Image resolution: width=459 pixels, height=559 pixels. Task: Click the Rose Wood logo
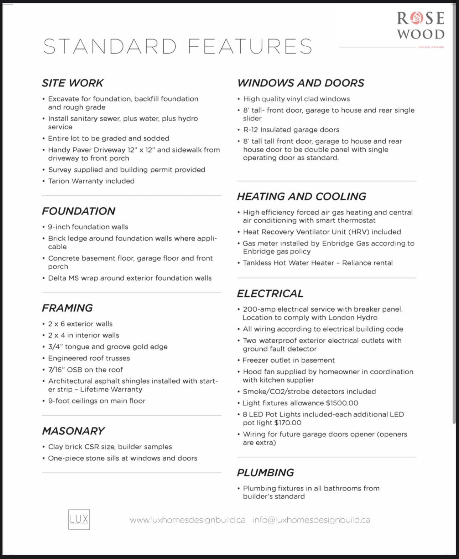421,26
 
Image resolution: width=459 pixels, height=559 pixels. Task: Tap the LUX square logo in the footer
79,519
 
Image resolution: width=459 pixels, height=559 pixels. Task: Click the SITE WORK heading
72,83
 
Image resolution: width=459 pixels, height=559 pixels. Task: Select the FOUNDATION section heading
78,211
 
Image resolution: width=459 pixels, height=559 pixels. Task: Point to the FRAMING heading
67,308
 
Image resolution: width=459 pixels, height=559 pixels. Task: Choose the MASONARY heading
73,431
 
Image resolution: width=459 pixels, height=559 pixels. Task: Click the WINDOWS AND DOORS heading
301,83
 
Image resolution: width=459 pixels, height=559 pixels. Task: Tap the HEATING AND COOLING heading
301,196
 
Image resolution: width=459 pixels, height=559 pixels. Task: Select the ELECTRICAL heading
270,293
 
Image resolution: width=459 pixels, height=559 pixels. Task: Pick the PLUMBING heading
265,472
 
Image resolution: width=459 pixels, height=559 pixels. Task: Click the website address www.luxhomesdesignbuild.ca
188,520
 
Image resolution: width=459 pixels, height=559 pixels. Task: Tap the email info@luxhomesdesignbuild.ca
311,520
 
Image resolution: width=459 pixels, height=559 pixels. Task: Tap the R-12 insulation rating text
251,130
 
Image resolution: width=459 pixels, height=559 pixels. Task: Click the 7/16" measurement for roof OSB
56,370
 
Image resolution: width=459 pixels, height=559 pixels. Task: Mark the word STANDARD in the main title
110,46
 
